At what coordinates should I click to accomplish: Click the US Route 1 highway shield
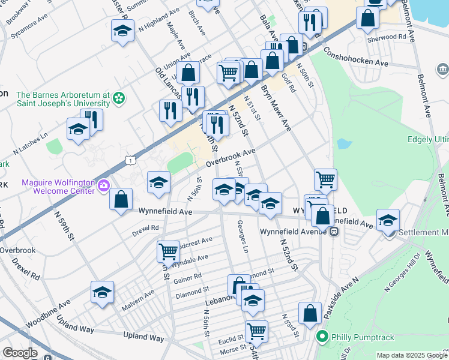(x=130, y=159)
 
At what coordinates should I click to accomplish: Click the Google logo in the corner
(x=20, y=353)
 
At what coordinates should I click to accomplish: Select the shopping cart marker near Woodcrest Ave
(x=168, y=250)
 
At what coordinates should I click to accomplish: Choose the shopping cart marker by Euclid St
(x=256, y=329)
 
